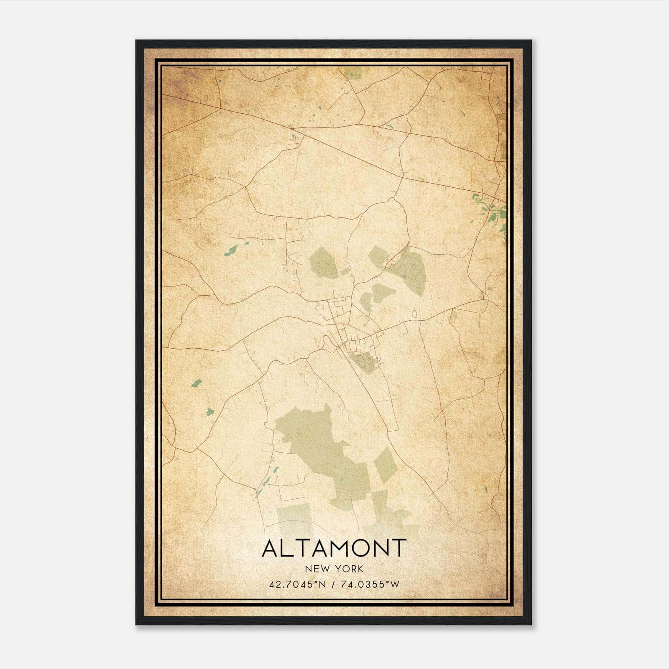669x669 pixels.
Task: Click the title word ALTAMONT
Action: click(334, 548)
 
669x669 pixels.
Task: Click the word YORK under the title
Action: click(349, 569)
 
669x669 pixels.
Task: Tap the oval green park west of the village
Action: click(323, 263)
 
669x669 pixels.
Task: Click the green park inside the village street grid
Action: click(365, 362)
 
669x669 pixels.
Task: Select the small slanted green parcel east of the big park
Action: click(385, 465)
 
